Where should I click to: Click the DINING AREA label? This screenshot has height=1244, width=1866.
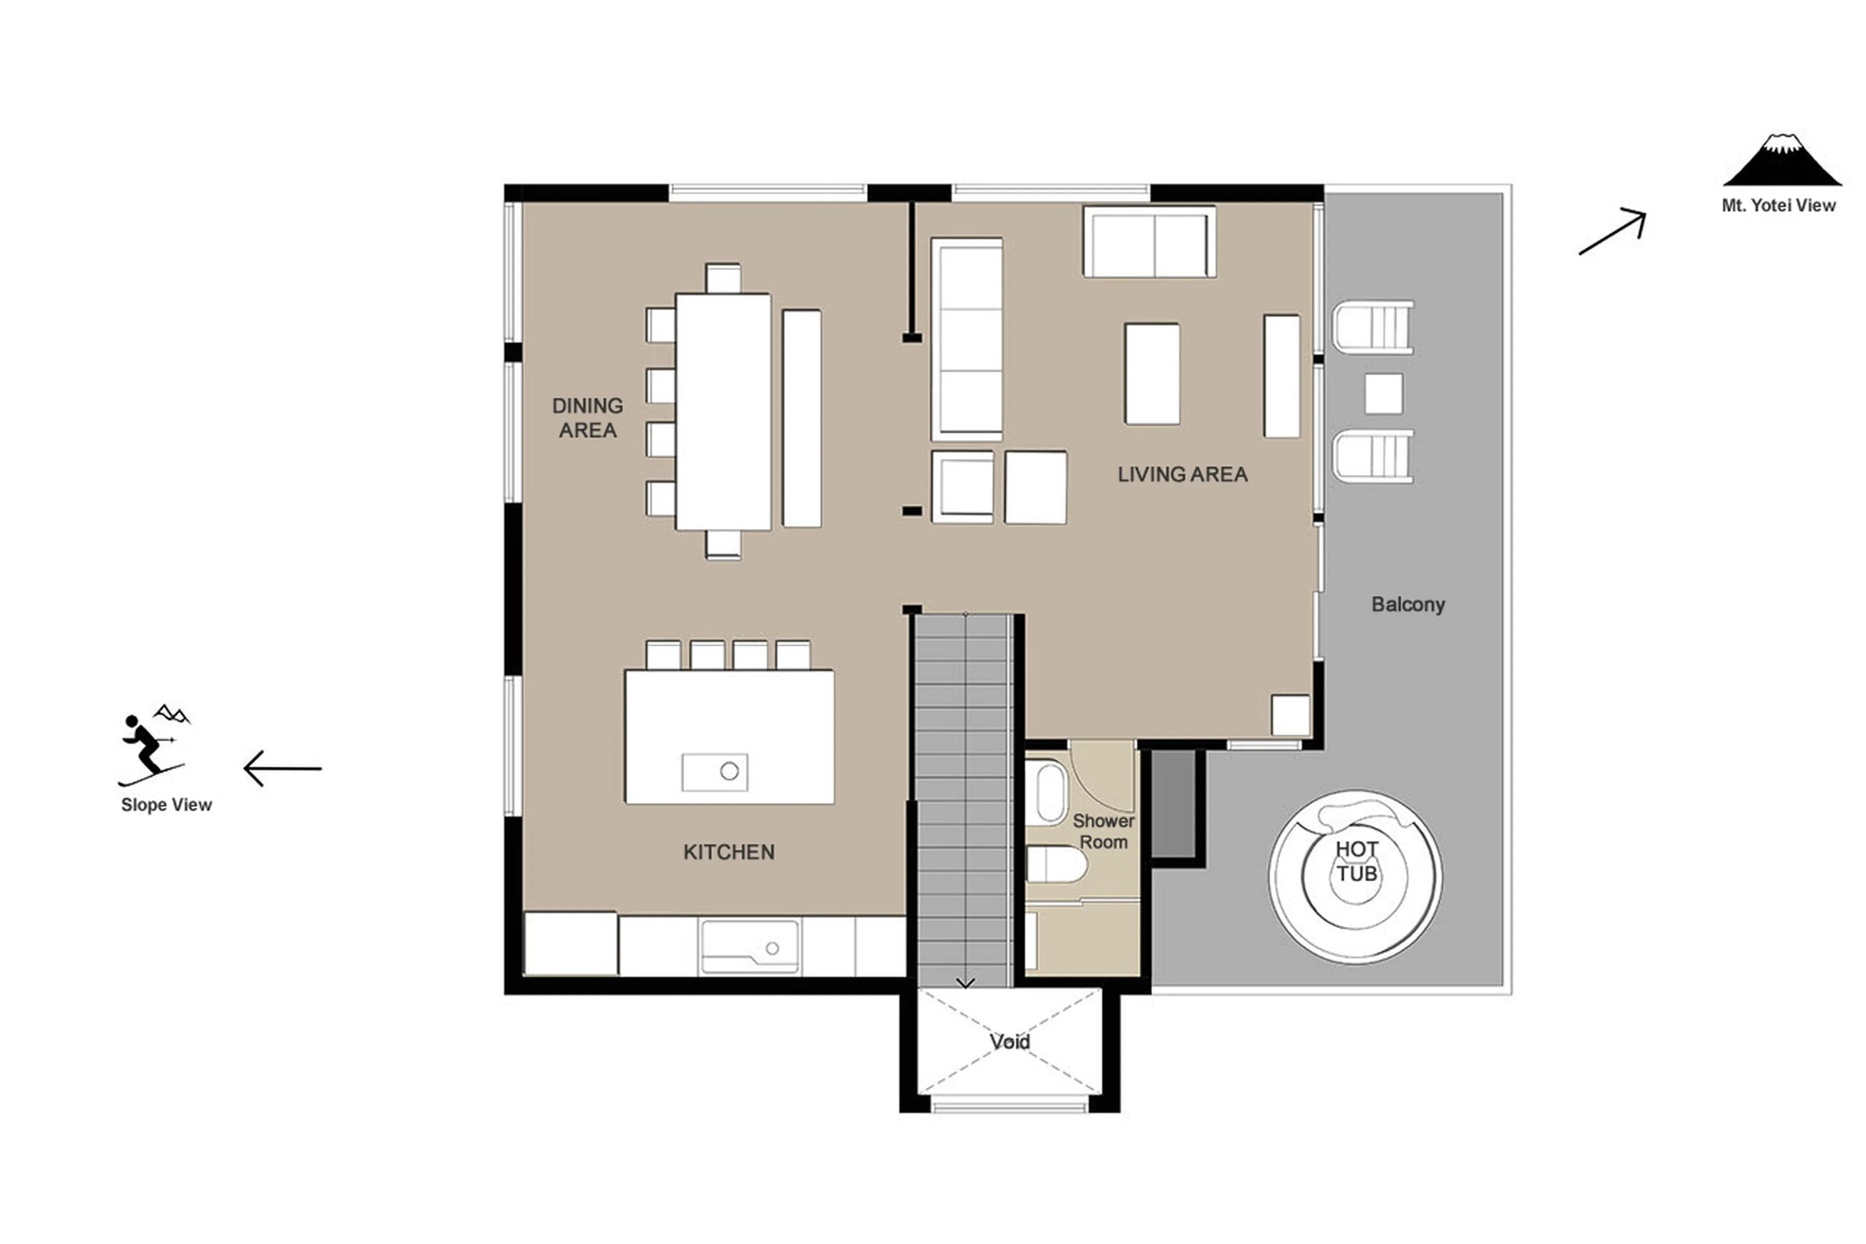[x=587, y=417]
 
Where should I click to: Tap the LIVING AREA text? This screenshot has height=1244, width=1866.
[x=1182, y=474]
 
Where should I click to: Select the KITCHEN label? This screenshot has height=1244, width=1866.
[x=728, y=852]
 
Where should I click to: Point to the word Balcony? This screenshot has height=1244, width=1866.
[x=1408, y=605]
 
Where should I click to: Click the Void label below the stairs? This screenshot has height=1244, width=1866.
[x=1009, y=1042]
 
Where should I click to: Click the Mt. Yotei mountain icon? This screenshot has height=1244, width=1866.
[x=1781, y=160]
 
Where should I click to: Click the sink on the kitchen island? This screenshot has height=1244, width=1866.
[x=714, y=771]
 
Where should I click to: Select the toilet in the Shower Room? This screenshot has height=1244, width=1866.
[x=1055, y=864]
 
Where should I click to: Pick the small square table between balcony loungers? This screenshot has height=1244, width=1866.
[x=1383, y=393]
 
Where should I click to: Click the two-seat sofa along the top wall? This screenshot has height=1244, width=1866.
[x=1148, y=242]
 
